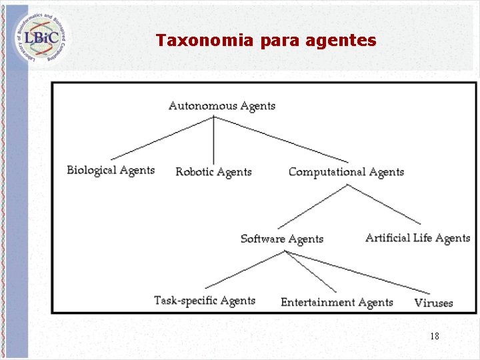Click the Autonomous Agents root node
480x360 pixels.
[x=221, y=105]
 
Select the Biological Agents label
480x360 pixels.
[x=111, y=170]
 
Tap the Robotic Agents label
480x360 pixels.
[x=213, y=172]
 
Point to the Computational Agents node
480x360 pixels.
[x=346, y=172]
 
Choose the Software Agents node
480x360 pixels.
[x=281, y=239]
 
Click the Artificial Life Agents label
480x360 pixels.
[x=417, y=238]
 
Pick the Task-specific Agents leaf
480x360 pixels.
[x=205, y=301]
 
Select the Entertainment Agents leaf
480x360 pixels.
[x=337, y=303]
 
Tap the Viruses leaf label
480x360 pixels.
[x=433, y=303]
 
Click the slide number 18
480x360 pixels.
[x=434, y=336]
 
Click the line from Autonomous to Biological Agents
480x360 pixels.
[x=161, y=138]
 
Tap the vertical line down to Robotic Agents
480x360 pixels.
[x=213, y=140]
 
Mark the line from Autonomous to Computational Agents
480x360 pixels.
[x=280, y=139]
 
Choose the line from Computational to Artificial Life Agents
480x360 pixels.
[x=384, y=204]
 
